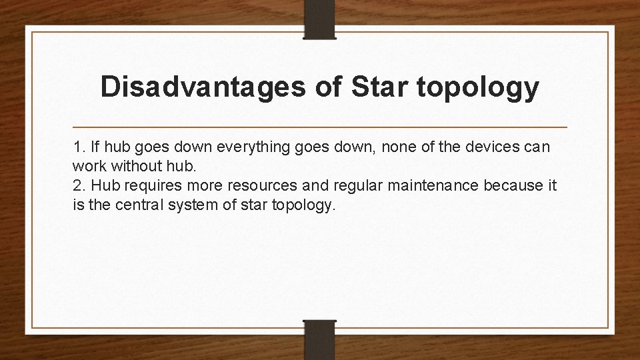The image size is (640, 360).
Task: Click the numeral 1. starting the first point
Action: (79, 147)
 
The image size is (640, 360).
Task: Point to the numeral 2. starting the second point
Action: (79, 185)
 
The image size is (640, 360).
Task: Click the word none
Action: (364, 147)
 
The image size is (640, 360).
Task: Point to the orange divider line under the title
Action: (320, 127)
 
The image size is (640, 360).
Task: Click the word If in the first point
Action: (95, 147)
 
